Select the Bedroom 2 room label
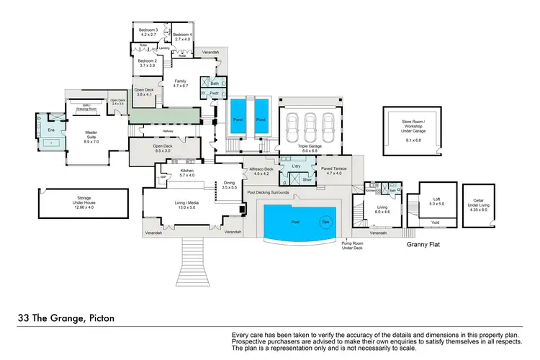tap(148, 63)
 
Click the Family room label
tap(181, 84)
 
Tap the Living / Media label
tap(187, 206)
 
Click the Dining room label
tap(230, 184)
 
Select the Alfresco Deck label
tap(261, 171)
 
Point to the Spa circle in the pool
tap(325, 222)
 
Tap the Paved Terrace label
tap(334, 171)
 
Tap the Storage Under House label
tap(79, 209)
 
